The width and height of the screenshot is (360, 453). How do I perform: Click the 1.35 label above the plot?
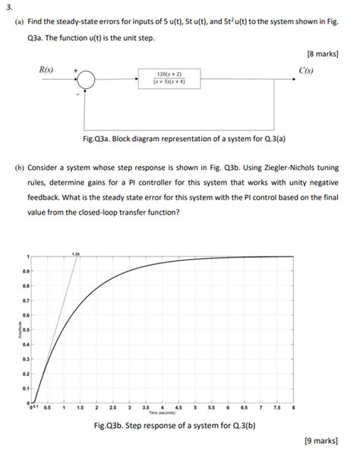click(x=75, y=253)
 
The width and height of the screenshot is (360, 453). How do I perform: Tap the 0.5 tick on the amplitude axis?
click(x=25, y=330)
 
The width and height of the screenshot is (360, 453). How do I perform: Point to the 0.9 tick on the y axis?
click(x=25, y=271)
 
